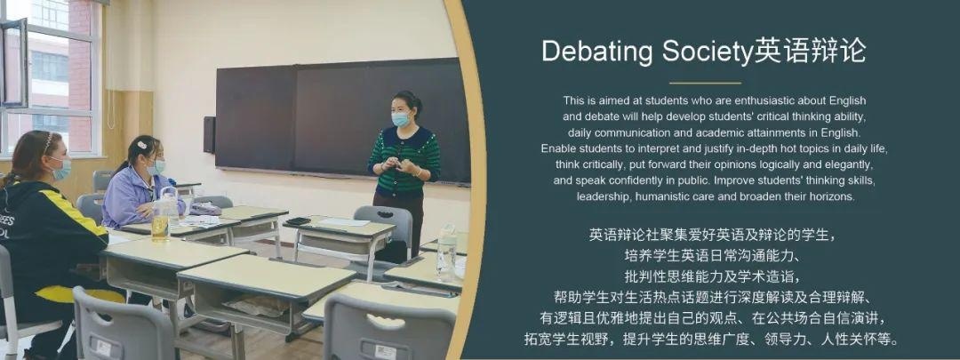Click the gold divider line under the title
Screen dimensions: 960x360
705,83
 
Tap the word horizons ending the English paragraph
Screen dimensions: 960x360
831,196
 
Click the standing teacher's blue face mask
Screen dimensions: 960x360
401,119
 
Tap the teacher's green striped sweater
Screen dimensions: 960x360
404,161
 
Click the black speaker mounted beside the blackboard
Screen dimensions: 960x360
210,134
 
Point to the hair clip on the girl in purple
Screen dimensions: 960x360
140,145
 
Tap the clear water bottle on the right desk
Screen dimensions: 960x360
447,252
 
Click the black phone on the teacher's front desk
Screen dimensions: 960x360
298,221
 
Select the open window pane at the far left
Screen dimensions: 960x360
13,63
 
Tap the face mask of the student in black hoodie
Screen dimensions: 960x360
61,169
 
